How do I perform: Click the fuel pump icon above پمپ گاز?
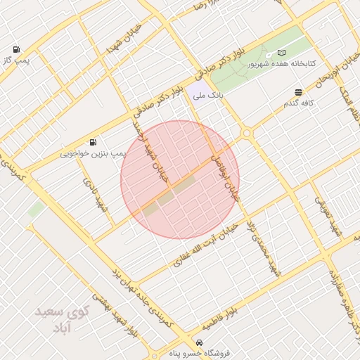pyautogui.click(x=15, y=50)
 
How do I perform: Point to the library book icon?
pyautogui.click(x=282, y=53)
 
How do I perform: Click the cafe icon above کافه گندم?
pyautogui.click(x=299, y=93)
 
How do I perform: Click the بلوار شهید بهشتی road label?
pyautogui.click(x=119, y=316)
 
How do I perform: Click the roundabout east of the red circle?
pyautogui.click(x=246, y=133)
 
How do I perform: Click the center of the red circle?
pyautogui.click(x=180, y=180)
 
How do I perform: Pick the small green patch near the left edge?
pyautogui.click(x=35, y=210)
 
